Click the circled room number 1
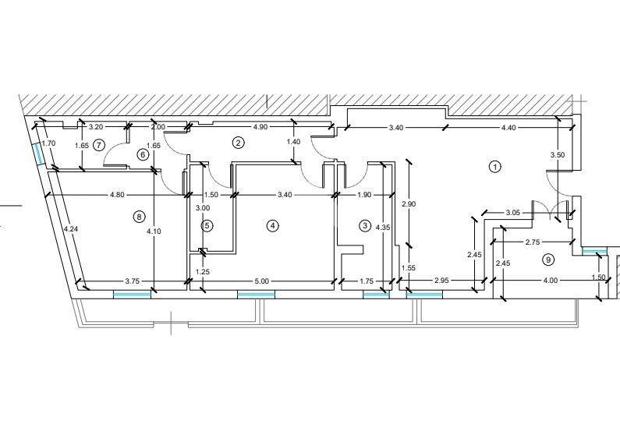click(494, 167)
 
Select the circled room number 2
click(238, 143)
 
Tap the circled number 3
click(364, 225)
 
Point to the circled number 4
click(272, 225)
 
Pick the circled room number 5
click(207, 225)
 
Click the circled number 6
click(143, 155)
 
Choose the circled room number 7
click(98, 145)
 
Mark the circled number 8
click(139, 216)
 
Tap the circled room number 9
click(547, 260)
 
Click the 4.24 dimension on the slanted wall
click(70, 228)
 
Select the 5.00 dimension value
click(261, 281)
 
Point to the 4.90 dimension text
click(260, 127)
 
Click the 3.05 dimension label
click(513, 213)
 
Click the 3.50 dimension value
click(558, 155)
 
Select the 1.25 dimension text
click(203, 272)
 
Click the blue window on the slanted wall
click(38, 154)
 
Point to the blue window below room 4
click(256, 295)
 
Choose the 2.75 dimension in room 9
click(533, 242)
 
